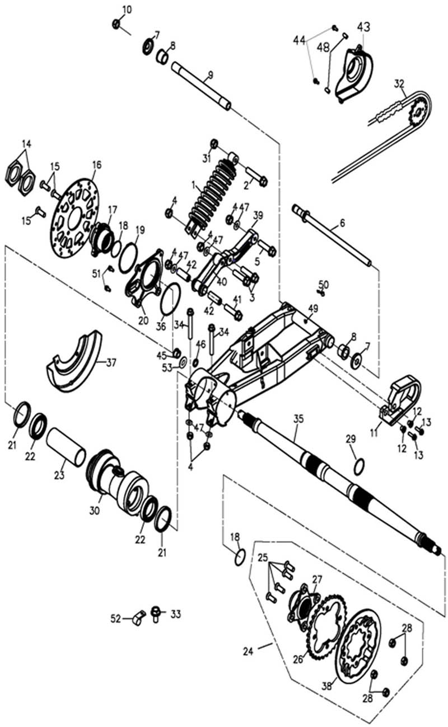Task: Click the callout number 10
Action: coord(127,10)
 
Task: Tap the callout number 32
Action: coord(399,84)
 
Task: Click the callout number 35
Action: coord(298,418)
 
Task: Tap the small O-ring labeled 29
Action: coord(360,465)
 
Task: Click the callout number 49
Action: coord(312,308)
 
